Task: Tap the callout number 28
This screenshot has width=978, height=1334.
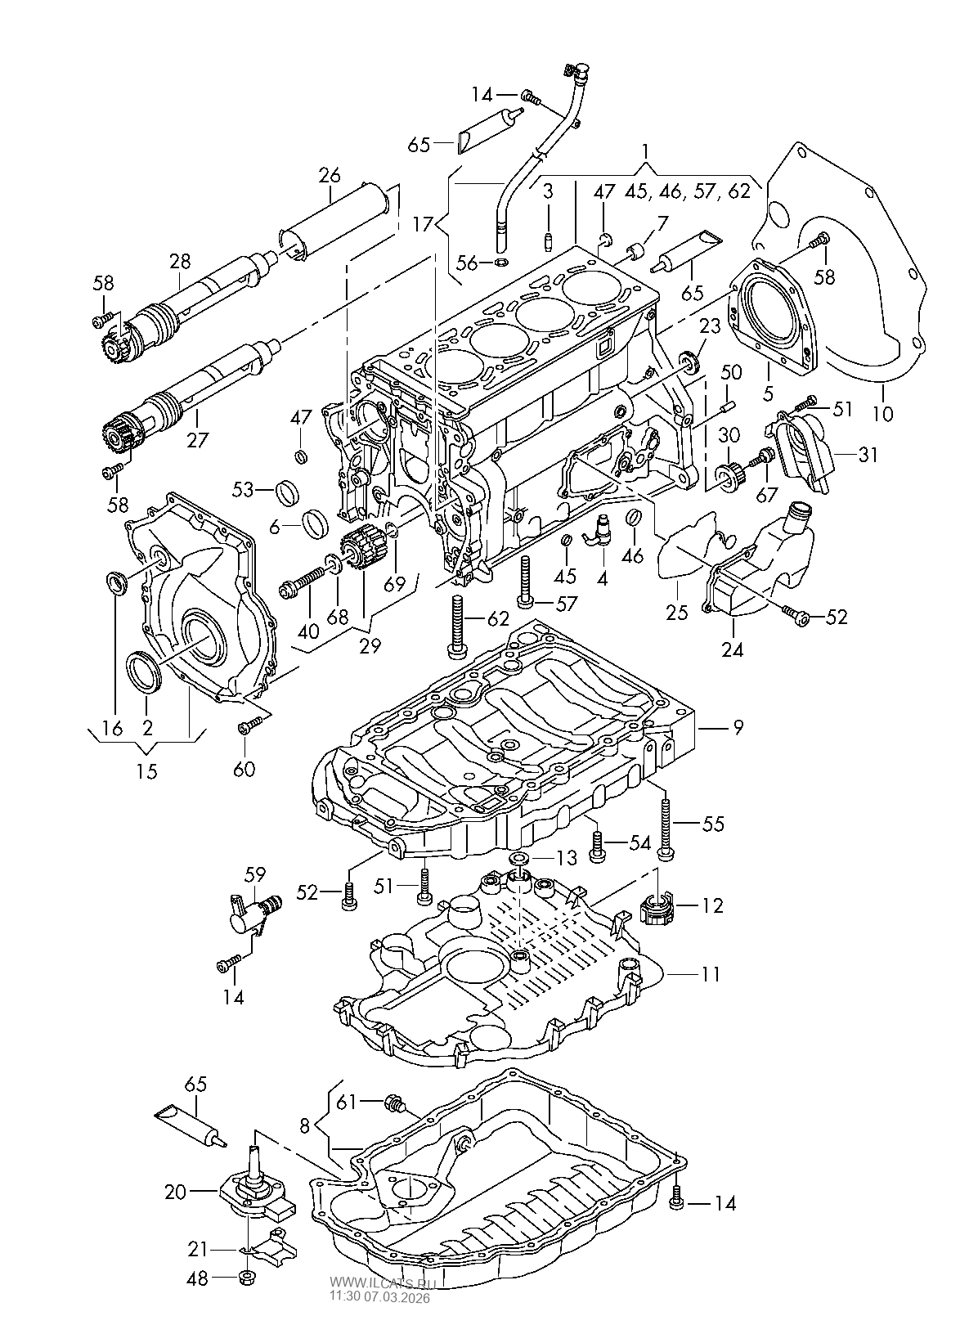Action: pos(180,261)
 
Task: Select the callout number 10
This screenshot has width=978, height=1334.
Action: pos(883,413)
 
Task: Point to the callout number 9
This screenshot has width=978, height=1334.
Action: pos(738,726)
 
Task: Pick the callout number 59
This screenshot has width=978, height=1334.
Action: pos(255,874)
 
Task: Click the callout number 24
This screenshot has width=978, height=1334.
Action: pos(732,649)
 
